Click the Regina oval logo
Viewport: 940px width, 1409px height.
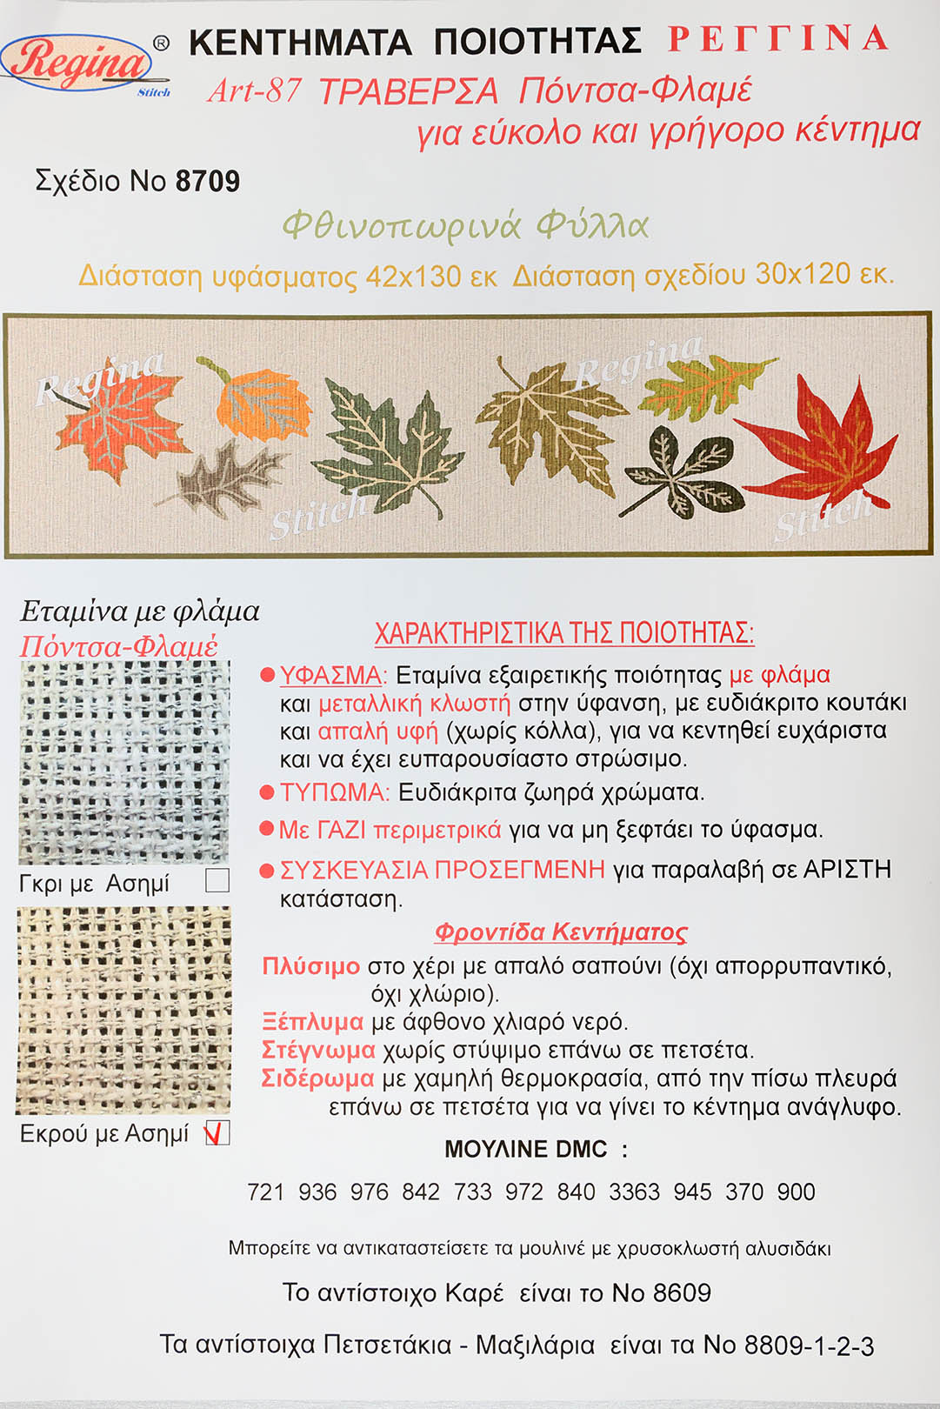point(77,63)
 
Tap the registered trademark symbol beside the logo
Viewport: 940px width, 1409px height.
point(161,43)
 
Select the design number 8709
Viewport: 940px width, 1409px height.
point(208,181)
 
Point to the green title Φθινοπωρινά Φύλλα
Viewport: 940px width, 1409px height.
point(465,226)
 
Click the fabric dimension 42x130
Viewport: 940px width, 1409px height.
point(413,276)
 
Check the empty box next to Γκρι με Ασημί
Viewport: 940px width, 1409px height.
point(217,880)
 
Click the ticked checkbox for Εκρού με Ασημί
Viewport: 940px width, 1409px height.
point(217,1132)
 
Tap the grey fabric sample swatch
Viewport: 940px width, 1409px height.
point(123,763)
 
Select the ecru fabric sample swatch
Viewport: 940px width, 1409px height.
point(123,1010)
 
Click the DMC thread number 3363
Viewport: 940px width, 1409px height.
point(635,1192)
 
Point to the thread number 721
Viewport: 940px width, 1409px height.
point(265,1192)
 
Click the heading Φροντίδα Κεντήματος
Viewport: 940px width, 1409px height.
point(560,932)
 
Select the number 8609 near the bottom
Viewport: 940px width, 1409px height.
point(683,1293)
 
